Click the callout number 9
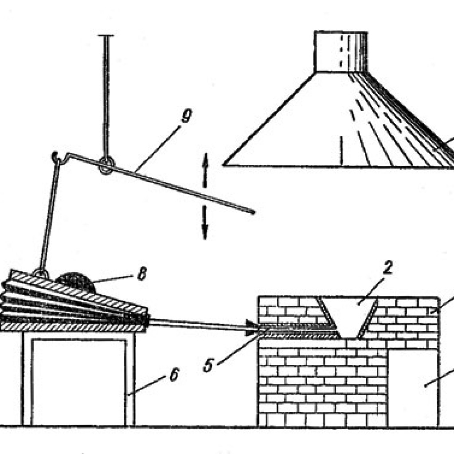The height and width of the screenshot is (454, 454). coord(186,116)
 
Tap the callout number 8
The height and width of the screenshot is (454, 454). coord(141,274)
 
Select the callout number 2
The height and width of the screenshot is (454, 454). coord(387,267)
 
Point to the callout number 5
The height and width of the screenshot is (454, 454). coord(208,365)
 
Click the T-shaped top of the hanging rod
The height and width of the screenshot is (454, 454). coord(106,35)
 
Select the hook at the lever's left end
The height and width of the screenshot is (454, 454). coord(55,157)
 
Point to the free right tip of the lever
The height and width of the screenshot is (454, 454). coord(253,212)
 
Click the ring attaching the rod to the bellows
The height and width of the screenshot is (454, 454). coord(40,273)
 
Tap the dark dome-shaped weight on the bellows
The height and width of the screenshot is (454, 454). coord(76,282)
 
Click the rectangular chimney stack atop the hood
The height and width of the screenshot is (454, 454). coord(341,51)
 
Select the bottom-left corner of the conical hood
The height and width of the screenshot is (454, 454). coord(223,165)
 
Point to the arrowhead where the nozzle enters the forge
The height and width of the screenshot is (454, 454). coord(251,328)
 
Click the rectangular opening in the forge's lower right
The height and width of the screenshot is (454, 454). coord(413,387)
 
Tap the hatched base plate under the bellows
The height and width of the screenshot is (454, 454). coord(72,328)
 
